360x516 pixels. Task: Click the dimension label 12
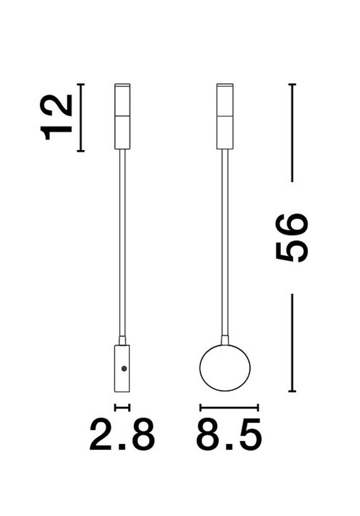(55, 117)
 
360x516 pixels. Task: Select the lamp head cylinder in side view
(123, 117)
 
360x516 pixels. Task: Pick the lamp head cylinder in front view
(225, 117)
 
